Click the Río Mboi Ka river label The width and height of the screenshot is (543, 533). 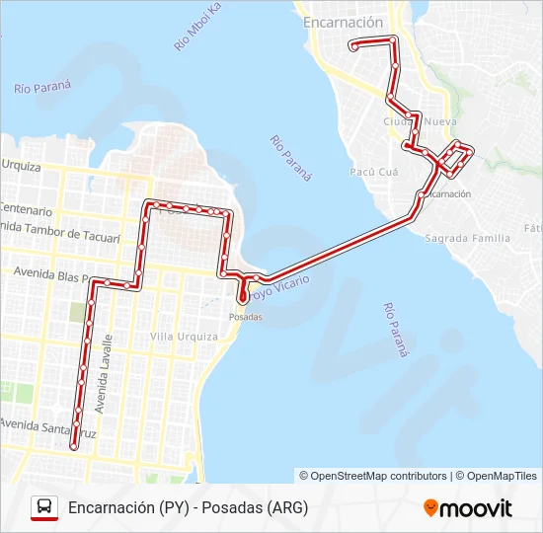[196, 28]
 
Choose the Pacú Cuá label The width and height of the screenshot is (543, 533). [373, 171]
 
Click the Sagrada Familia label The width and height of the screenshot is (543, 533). [467, 238]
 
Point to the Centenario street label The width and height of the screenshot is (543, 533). [26, 210]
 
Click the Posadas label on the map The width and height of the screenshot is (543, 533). [246, 317]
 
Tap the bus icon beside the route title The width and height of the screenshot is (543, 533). [44, 507]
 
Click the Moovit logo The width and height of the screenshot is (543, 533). [468, 508]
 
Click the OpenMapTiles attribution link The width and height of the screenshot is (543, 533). [502, 476]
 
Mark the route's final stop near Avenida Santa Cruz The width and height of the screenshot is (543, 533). [72, 447]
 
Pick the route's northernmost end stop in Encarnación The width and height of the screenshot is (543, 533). [353, 45]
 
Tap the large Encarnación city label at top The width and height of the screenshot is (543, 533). [344, 22]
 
